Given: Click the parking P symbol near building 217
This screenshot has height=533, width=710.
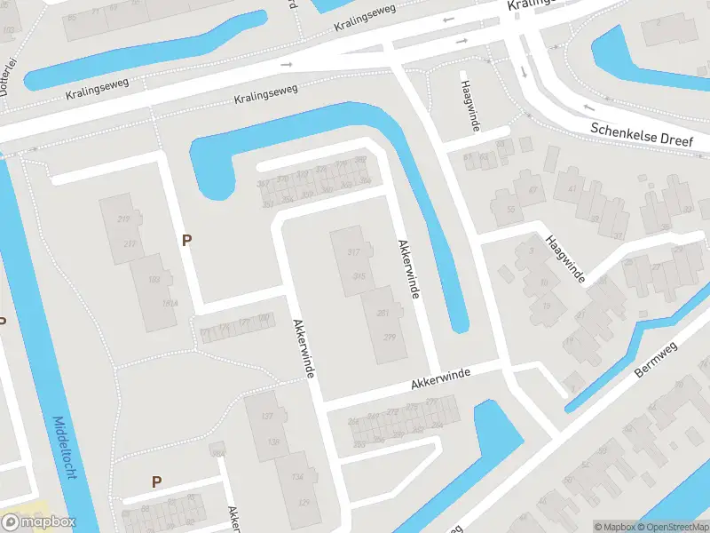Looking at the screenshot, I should (x=186, y=240).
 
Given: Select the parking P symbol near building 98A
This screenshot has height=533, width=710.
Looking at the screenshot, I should (x=156, y=482).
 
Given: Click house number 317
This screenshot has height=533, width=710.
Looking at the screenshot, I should (x=353, y=253).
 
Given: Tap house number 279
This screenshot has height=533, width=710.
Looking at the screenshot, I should (x=389, y=337).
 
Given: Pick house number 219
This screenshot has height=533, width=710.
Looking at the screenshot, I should (x=123, y=219).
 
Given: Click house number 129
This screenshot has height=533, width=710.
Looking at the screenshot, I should (x=304, y=503).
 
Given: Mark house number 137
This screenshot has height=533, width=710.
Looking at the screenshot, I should (x=265, y=417).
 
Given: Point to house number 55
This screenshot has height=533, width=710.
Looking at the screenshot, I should (x=510, y=210).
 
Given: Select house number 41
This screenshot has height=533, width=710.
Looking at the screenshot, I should (x=572, y=188).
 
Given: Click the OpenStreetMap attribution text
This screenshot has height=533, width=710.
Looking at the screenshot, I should (x=671, y=527).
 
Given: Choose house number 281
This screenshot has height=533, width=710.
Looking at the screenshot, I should (x=383, y=313).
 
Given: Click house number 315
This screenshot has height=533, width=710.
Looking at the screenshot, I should (x=359, y=276).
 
